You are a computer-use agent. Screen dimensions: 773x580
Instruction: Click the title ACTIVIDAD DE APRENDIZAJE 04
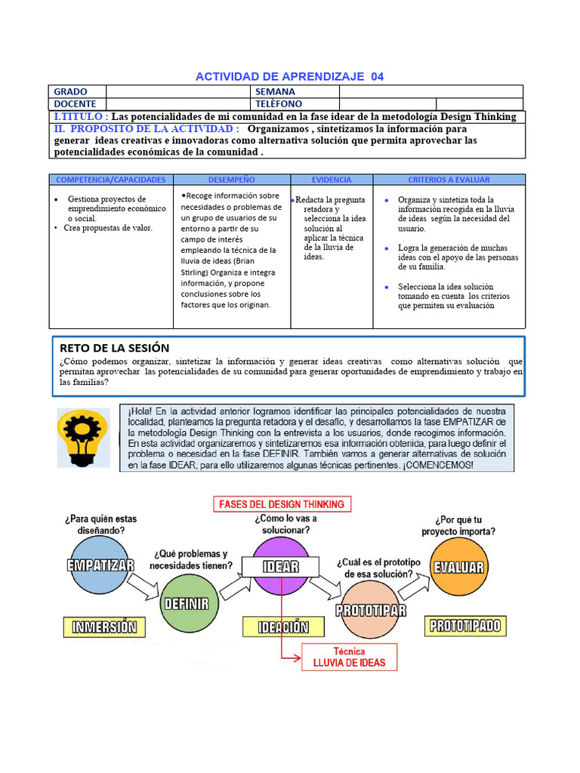(x=289, y=76)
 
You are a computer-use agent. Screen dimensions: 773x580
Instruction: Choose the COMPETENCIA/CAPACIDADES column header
(x=111, y=180)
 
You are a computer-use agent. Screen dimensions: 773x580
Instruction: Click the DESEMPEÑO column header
(x=232, y=180)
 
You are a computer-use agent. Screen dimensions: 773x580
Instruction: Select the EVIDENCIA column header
(x=332, y=180)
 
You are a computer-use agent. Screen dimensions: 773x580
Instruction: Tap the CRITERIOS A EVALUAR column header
(x=449, y=180)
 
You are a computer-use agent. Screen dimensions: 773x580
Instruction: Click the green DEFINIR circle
(x=186, y=603)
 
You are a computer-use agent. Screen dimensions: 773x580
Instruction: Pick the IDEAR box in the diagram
(x=280, y=566)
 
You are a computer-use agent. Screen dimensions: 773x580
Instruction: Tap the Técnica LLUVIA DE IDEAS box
(x=349, y=657)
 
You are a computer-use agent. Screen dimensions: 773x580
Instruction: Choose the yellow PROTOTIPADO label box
(x=465, y=625)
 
